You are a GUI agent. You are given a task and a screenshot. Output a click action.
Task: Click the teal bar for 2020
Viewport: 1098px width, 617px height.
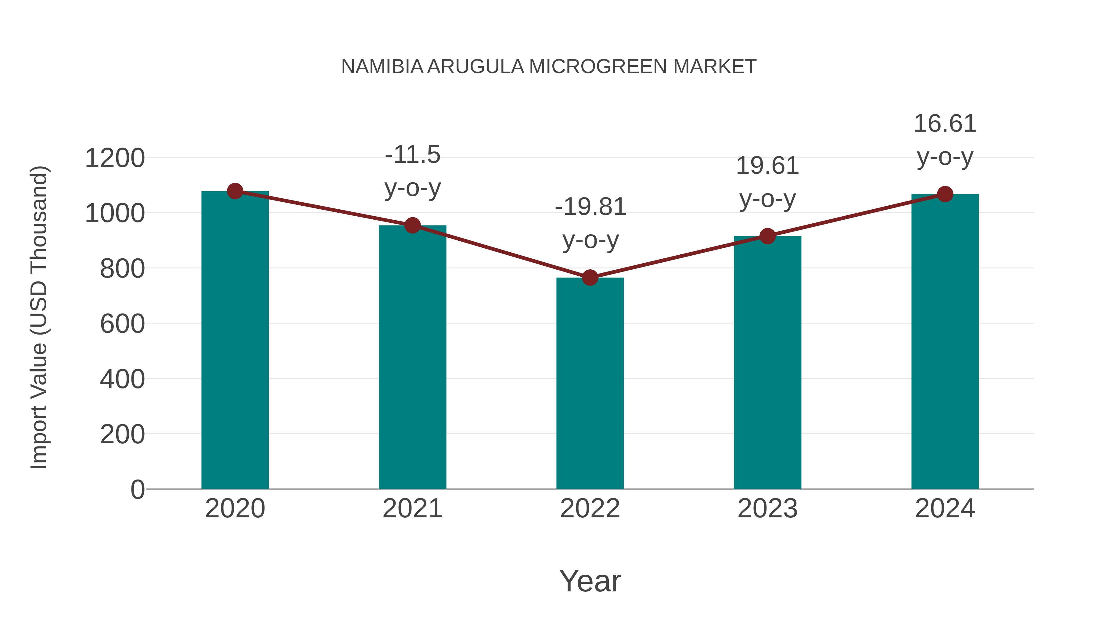tap(235, 341)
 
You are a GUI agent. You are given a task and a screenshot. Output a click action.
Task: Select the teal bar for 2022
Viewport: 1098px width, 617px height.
tap(590, 383)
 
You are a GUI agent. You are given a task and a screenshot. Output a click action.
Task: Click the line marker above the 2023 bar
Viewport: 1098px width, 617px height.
tap(767, 236)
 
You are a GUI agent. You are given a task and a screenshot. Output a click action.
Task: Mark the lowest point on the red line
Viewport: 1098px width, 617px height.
tap(590, 278)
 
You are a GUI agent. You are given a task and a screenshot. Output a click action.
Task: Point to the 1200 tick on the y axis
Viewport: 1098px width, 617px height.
tap(115, 158)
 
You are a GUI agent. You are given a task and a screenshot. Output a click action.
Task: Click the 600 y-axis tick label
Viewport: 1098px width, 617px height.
tap(122, 324)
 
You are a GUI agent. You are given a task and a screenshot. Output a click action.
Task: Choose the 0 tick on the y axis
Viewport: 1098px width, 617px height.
tap(137, 490)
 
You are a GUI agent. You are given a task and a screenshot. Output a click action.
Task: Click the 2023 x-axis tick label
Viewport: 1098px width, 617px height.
tap(767, 509)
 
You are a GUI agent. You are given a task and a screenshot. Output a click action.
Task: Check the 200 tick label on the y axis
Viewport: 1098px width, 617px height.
tap(122, 435)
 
